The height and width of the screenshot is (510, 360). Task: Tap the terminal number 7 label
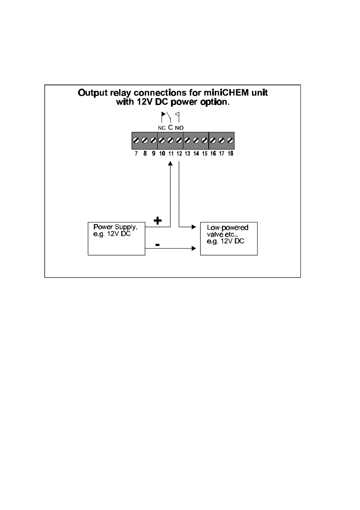click(136, 153)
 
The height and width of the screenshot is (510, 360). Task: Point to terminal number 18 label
click(230, 153)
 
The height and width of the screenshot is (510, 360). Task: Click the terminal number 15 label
click(204, 153)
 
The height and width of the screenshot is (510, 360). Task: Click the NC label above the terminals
click(162, 128)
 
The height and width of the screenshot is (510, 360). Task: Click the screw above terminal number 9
click(153, 141)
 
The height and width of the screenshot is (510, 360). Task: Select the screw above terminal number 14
click(196, 141)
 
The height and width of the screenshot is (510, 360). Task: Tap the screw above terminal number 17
click(222, 141)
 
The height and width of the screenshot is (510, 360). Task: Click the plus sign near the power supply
click(158, 221)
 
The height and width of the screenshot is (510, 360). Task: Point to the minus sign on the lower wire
click(157, 245)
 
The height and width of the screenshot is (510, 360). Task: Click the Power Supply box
click(117, 238)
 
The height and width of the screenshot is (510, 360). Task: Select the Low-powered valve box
click(229, 238)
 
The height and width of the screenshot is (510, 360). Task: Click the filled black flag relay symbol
click(163, 115)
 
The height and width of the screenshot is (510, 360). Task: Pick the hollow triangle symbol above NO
click(177, 114)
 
